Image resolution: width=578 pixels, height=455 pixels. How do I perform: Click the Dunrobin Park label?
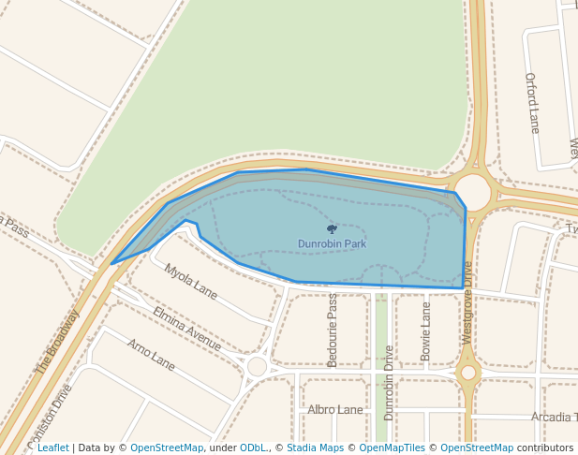pos(332,244)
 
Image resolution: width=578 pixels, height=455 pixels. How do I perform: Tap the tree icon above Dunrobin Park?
pos(332,228)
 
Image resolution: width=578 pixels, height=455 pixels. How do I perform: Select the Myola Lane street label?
pos(190,282)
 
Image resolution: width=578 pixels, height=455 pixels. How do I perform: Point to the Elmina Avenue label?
pos(186,329)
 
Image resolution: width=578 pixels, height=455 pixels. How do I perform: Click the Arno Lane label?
pos(151,354)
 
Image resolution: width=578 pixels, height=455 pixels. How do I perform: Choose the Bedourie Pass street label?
pos(332,317)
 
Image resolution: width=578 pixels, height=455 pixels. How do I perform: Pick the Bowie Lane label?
pos(426,330)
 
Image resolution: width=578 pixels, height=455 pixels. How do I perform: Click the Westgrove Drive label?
pos(467,302)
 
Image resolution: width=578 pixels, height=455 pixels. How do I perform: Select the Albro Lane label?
pos(334,410)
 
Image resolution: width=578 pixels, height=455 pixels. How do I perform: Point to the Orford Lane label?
pos(532,102)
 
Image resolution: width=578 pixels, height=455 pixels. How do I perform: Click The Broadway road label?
pos(57,343)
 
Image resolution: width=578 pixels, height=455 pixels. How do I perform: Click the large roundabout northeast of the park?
pos(474,192)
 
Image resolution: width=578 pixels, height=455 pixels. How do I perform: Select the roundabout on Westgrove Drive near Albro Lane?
pos(468,373)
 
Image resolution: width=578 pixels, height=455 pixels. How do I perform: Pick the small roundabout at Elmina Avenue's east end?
pos(257,366)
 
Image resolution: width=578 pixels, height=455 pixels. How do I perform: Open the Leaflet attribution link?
pos(52,448)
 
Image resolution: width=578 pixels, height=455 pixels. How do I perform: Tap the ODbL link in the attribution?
pos(253,448)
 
